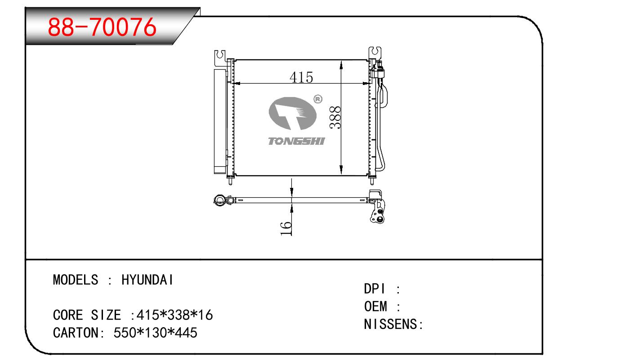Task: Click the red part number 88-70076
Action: click(102, 27)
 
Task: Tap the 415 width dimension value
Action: click(301, 77)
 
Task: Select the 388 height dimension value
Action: click(335, 118)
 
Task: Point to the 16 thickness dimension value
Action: click(286, 228)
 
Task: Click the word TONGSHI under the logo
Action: click(296, 141)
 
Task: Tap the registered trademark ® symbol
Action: click(317, 99)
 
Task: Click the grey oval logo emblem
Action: click(293, 114)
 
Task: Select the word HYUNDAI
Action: click(147, 280)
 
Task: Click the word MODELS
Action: click(76, 280)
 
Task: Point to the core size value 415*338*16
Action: click(174, 315)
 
